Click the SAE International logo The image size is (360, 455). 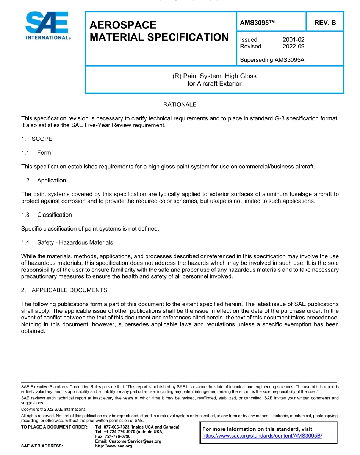47,25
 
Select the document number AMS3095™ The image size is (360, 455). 257,23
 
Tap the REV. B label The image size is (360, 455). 325,23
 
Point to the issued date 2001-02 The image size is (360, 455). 293,39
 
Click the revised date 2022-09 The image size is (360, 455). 293,46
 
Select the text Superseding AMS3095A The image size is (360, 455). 272,60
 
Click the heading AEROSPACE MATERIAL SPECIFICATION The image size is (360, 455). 159,31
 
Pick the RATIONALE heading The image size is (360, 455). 180,104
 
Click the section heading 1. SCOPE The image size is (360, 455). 37,139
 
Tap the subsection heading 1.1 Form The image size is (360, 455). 36,153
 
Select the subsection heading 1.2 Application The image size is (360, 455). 44,181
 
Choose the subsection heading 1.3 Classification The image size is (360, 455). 47,215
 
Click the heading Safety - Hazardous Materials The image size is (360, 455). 75,242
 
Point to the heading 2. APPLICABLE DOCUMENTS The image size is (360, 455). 64,290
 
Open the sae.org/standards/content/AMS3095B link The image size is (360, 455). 262,436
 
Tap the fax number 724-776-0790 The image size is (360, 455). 119,436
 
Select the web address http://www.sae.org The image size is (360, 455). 114,446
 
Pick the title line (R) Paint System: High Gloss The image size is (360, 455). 214,76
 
